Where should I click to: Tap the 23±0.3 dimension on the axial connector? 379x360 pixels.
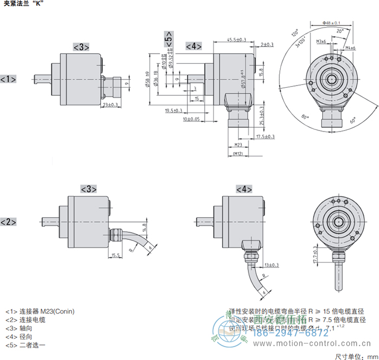(110, 104)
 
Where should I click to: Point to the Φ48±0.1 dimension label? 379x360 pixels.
(331, 23)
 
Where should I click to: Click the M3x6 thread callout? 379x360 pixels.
(321, 42)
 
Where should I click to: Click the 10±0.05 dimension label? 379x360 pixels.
(191, 119)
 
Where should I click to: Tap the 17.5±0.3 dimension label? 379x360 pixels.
(265, 136)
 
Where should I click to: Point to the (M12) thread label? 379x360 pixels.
(237, 154)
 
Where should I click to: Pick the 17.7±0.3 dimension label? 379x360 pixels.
(316, 254)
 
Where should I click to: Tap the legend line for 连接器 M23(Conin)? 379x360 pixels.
(40, 311)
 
